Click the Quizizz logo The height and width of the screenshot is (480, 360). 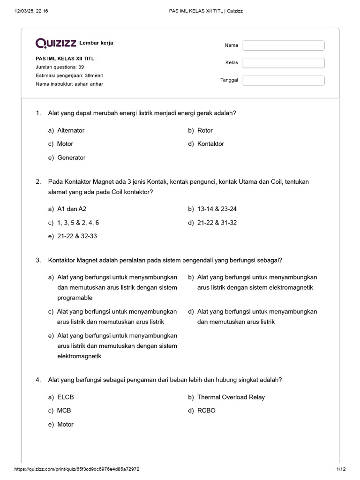click(x=56, y=43)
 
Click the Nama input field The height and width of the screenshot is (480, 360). click(x=283, y=45)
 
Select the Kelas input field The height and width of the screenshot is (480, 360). click(x=283, y=63)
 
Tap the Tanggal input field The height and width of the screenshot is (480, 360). click(x=283, y=80)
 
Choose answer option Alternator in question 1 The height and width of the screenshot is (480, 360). click(x=70, y=130)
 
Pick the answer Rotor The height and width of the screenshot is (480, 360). click(x=205, y=130)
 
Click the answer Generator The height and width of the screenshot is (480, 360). click(x=71, y=157)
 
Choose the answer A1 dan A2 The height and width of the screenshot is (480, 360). click(x=72, y=209)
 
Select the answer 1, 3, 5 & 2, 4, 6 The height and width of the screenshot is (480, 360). click(x=78, y=223)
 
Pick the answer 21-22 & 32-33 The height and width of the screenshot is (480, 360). click(x=77, y=236)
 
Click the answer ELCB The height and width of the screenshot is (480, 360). click(x=66, y=397)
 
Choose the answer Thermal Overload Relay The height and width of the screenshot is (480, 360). click(x=231, y=397)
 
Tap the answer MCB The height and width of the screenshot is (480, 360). click(x=64, y=411)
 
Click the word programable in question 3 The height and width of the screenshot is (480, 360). click(x=75, y=298)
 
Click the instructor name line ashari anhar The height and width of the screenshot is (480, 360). click(x=69, y=84)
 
